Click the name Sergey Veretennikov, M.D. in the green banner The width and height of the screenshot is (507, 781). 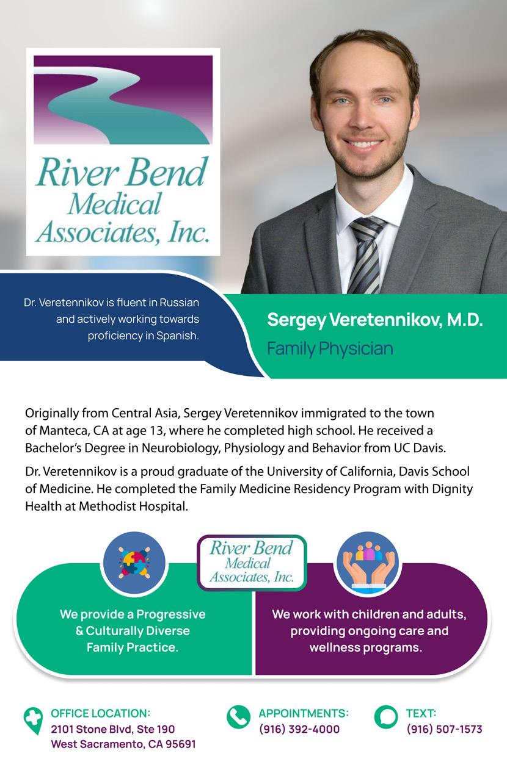tap(375, 320)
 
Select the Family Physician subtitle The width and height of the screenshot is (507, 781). tap(330, 349)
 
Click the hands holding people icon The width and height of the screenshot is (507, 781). tap(368, 561)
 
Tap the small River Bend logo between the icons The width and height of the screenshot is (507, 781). tap(252, 561)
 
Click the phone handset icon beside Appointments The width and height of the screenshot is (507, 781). tap(238, 717)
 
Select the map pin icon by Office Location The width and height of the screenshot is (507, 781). tap(33, 720)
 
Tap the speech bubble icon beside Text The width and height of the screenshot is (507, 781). tap(385, 717)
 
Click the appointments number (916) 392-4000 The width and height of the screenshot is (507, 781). tap(299, 729)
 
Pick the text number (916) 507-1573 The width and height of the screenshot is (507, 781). tap(444, 729)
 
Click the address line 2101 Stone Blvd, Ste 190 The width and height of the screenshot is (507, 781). tap(113, 729)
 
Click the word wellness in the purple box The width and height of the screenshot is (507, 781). tap(332, 647)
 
